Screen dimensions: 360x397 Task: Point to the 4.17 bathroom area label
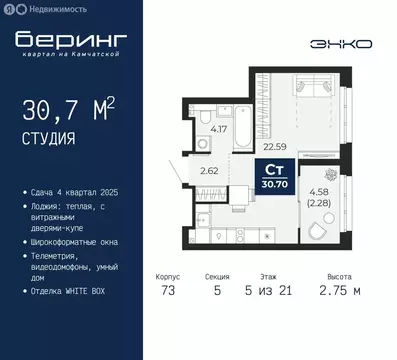pyautogui.click(x=218, y=129)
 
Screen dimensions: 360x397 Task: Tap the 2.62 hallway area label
pyautogui.click(x=208, y=170)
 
